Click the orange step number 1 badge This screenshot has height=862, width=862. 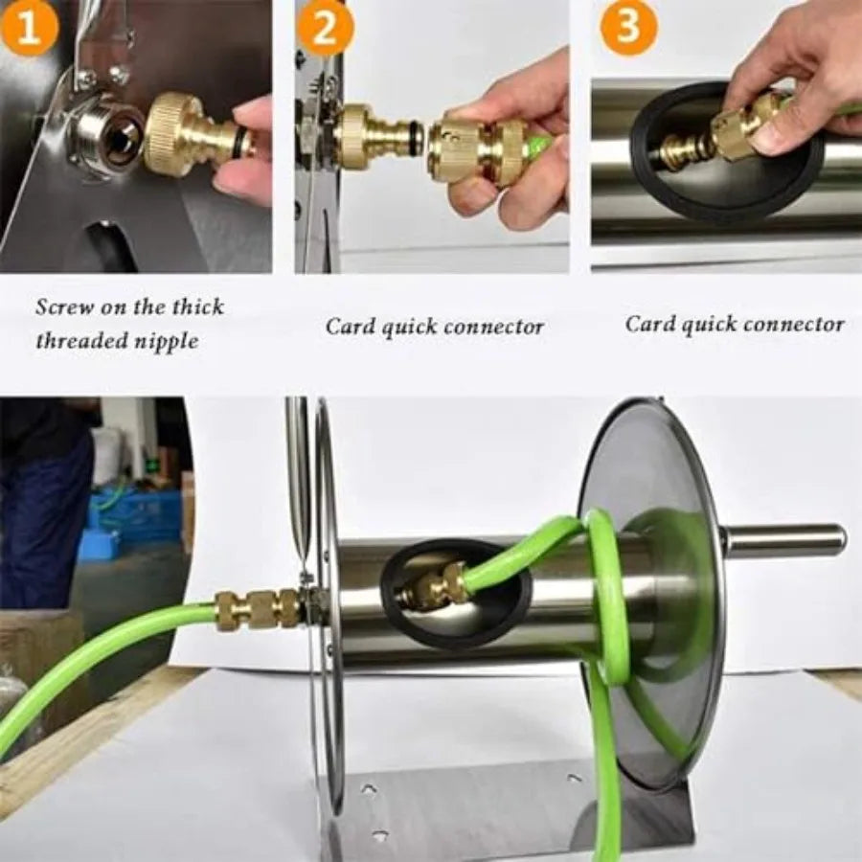point(28,28)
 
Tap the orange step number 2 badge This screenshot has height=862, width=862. point(326,28)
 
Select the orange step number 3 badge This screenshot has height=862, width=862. point(627,28)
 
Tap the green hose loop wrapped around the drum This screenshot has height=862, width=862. point(609,594)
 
